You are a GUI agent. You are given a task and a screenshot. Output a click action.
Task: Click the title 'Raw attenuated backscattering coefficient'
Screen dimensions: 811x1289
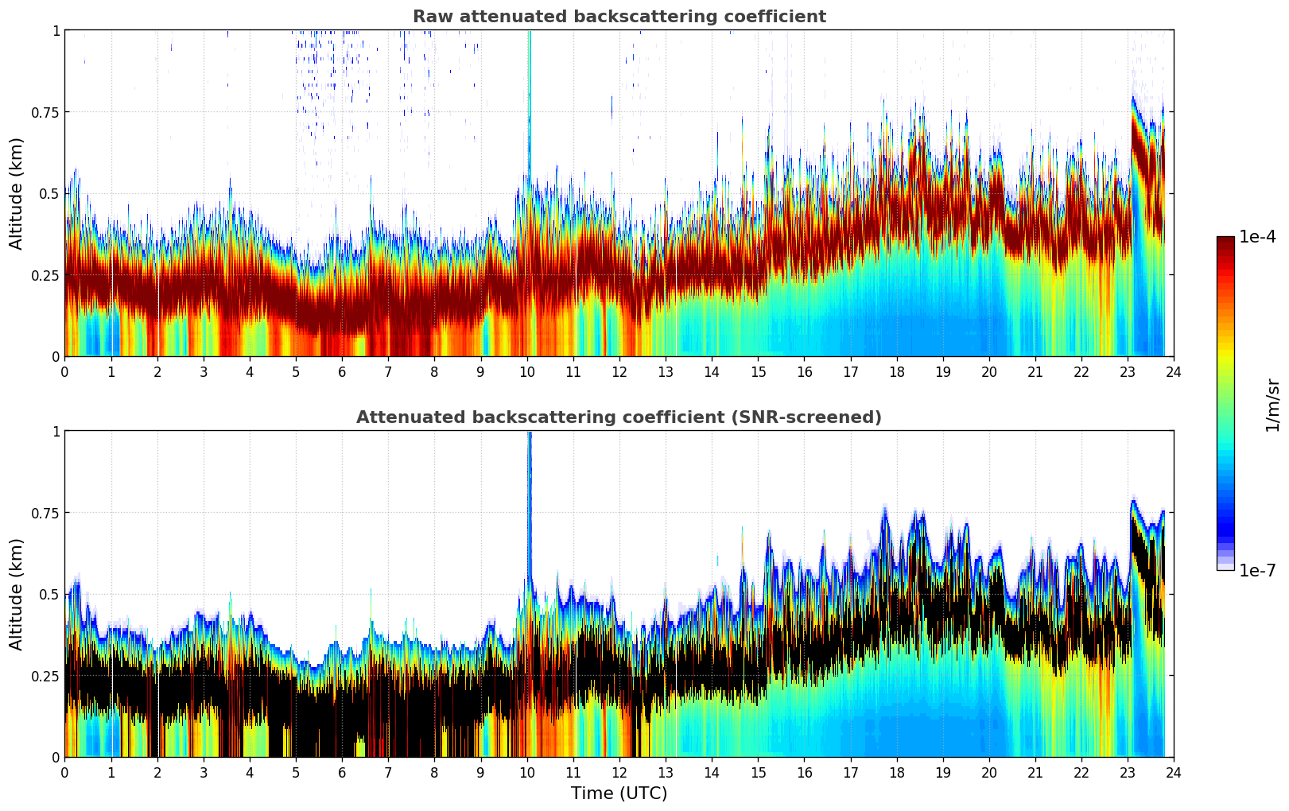619,17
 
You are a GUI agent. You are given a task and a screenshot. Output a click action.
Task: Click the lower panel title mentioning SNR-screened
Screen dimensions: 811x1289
619,417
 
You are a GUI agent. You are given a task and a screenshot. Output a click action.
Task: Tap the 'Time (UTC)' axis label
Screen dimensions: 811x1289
619,793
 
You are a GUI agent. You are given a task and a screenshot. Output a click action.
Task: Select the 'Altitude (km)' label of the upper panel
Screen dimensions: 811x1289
17,193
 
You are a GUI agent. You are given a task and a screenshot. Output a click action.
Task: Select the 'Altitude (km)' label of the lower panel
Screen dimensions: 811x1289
17,594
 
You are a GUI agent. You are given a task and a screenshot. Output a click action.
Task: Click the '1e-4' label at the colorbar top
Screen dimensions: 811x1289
1257,237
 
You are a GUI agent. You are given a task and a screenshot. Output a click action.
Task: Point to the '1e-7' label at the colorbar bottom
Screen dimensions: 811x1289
1257,570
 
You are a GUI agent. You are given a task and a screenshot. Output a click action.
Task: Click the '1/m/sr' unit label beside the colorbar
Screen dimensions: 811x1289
1272,404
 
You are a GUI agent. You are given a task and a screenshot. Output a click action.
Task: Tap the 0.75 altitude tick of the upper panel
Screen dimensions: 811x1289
45,112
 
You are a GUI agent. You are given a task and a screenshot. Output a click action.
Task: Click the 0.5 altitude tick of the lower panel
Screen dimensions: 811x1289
49,594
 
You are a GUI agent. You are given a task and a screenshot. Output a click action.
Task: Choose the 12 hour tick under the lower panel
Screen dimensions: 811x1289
619,772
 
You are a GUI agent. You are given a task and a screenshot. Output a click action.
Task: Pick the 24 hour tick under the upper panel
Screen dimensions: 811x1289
1173,371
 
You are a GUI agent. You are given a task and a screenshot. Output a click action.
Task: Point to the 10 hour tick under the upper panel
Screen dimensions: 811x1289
526,371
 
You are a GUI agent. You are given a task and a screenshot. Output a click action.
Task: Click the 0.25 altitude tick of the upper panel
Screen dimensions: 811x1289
45,275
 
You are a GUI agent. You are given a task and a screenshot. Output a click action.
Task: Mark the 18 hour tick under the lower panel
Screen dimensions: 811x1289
896,772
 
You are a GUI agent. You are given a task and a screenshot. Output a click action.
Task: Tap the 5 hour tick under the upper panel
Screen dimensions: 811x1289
296,371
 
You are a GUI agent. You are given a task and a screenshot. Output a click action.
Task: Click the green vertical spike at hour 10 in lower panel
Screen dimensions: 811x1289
529,493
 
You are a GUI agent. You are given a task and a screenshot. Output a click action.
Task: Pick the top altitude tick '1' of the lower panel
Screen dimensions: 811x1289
56,432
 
